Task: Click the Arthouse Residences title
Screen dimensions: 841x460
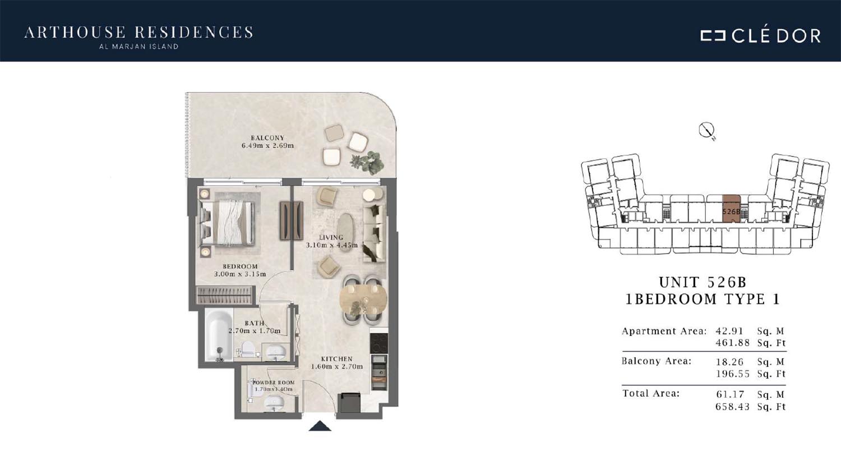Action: click(x=138, y=33)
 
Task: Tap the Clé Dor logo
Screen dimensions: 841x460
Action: click(x=761, y=36)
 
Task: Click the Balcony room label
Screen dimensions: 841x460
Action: click(x=267, y=138)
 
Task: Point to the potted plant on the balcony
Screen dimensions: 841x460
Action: click(x=367, y=162)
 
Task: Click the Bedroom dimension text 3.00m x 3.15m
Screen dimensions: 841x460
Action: click(x=240, y=274)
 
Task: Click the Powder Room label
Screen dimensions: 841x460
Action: click(x=274, y=382)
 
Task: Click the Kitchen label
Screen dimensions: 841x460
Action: click(x=337, y=359)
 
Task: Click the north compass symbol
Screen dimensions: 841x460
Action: click(x=706, y=130)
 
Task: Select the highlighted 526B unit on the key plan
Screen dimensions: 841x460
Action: click(x=731, y=209)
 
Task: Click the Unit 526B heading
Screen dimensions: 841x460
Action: click(x=703, y=282)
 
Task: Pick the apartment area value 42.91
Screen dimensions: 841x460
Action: click(x=729, y=331)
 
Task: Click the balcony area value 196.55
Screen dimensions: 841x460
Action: click(x=732, y=374)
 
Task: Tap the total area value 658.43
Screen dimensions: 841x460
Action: click(x=732, y=407)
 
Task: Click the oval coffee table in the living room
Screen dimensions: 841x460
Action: click(x=345, y=232)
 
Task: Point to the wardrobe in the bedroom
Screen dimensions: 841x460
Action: click(x=224, y=295)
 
